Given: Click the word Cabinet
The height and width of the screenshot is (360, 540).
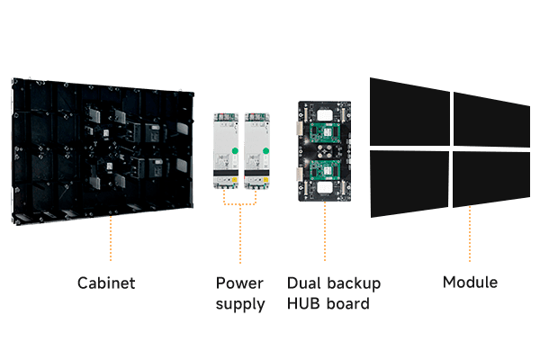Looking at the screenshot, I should click(105, 283).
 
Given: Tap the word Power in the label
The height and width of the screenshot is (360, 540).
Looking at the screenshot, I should click(239, 283).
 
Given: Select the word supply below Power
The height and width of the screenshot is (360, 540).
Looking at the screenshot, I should click(240, 304).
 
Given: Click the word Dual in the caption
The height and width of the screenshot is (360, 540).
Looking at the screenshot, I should click(303, 283).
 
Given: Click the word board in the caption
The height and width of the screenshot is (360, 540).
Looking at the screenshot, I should click(348, 304).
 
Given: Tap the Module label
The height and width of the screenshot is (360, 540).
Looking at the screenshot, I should click(470, 283).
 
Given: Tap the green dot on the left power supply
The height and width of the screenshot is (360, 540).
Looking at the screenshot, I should click(234, 150).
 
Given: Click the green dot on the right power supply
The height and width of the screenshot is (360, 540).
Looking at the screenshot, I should click(265, 150).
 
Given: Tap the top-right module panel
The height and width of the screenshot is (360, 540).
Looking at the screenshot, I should click(491, 119).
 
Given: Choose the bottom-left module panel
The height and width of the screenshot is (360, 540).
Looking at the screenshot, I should click(409, 184).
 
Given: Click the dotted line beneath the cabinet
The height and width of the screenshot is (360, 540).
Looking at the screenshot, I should click(111, 241).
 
